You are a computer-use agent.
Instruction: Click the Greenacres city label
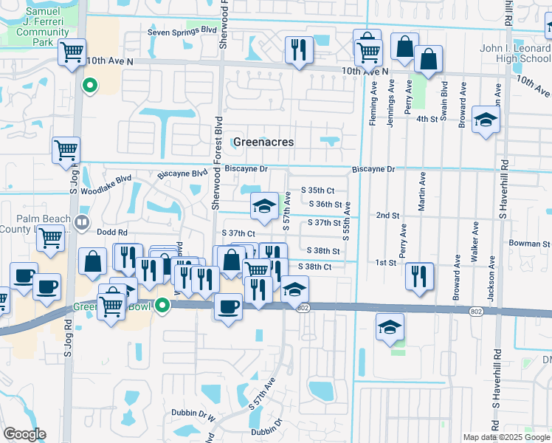(263, 142)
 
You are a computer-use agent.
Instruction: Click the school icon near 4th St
(485, 121)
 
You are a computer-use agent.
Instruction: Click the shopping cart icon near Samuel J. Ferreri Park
(72, 52)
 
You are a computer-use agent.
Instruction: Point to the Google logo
(24, 434)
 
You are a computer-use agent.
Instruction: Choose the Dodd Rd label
(112, 232)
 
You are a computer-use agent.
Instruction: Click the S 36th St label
(325, 205)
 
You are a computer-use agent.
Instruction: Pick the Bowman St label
(529, 243)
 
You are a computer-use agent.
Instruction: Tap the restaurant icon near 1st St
(419, 275)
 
